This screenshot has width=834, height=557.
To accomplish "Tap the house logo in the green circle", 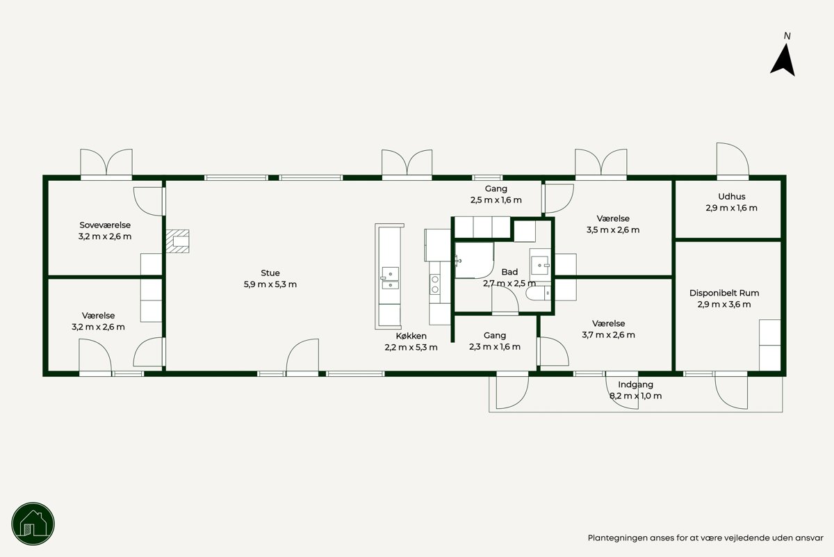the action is click(x=33, y=524).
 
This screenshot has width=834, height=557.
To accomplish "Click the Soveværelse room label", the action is click(x=105, y=225).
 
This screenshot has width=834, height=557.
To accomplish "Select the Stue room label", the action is click(x=270, y=273).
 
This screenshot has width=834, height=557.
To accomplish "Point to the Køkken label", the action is click(x=411, y=336).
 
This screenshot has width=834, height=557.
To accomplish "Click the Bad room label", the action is click(x=509, y=272).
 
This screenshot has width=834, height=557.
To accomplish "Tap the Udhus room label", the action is click(x=732, y=196).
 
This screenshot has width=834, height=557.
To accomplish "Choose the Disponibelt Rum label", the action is click(x=724, y=293).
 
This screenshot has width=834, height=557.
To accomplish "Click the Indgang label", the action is click(x=635, y=385).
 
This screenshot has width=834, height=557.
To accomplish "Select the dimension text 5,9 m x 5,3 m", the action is click(x=270, y=284).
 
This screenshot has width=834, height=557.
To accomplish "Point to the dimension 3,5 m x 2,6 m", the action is click(x=613, y=230).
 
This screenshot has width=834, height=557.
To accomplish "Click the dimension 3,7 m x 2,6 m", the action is click(x=608, y=335).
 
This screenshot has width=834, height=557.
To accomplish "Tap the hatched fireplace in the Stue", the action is click(x=178, y=241).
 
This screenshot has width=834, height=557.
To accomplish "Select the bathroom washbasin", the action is click(x=540, y=265).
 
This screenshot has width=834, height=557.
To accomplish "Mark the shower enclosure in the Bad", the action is click(x=474, y=260).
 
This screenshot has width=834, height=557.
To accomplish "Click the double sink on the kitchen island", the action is click(x=389, y=278).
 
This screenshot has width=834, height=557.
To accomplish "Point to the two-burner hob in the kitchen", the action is click(x=434, y=284).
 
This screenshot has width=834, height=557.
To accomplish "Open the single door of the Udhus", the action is click(x=733, y=160).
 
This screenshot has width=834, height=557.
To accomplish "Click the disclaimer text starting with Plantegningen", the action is click(x=705, y=538).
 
